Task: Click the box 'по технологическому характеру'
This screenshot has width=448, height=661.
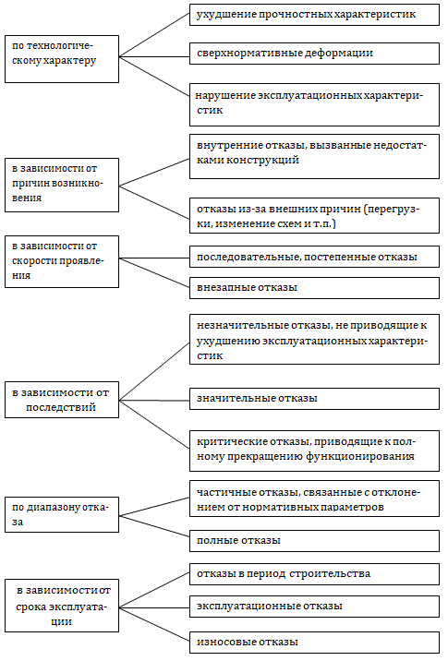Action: coord(62,59)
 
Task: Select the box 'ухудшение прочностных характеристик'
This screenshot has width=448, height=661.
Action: coord(314,15)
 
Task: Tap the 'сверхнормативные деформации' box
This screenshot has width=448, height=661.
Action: coord(314,54)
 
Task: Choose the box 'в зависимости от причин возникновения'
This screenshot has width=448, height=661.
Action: coord(62,185)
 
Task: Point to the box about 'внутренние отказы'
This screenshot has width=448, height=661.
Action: coord(314,156)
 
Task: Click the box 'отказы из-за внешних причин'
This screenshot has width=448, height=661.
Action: coord(314,215)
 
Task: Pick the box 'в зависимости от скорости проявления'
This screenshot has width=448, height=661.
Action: coord(62,262)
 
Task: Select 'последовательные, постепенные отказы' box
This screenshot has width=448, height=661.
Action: coord(314,257)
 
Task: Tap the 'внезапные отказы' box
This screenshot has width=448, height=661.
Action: coord(314,288)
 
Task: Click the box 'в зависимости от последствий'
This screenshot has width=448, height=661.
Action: coord(62,400)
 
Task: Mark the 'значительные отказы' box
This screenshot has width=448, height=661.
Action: coord(314,399)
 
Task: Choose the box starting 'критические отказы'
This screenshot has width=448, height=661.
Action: coord(314,451)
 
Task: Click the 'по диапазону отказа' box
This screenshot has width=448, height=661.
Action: coord(62,515)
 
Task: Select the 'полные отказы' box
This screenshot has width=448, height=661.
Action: coord(314,541)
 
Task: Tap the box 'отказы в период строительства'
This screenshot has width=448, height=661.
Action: coord(314,574)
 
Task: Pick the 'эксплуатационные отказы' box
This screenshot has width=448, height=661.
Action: coord(314,607)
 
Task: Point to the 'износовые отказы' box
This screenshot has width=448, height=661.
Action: coord(314,643)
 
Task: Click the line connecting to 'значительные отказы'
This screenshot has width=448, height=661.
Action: coord(154,400)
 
